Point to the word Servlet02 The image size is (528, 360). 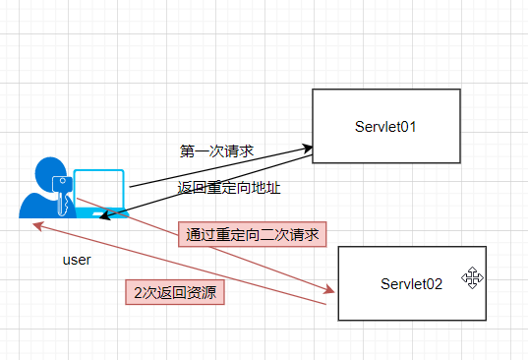[x=411, y=283]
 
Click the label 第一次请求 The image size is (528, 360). [x=216, y=151]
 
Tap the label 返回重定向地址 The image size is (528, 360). [x=221, y=187]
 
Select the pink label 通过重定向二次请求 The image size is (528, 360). [x=253, y=234]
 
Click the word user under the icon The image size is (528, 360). [x=76, y=261]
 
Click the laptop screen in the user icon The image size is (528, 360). [x=99, y=189]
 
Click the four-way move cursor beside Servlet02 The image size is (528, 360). [x=472, y=277]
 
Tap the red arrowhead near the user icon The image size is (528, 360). [x=37, y=225]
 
